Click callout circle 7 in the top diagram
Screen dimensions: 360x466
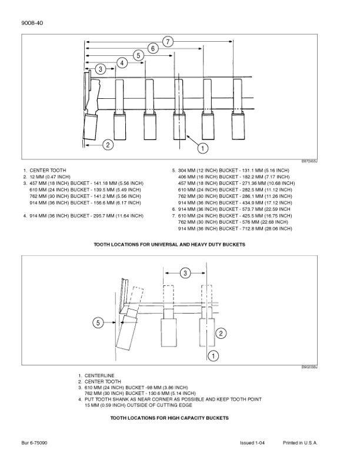click(168, 42)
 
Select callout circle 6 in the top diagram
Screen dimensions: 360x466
click(153, 48)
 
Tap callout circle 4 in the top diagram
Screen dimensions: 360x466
click(122, 63)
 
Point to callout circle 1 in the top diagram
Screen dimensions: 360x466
click(203, 148)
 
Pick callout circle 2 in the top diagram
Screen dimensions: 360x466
click(108, 145)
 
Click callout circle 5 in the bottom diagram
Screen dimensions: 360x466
click(98, 322)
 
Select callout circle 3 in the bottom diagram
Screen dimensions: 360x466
click(185, 273)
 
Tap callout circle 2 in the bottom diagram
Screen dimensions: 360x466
click(221, 333)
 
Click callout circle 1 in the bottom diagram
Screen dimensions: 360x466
click(214, 355)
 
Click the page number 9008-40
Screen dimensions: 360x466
click(32, 23)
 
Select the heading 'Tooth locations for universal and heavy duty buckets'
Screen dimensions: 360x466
click(169, 245)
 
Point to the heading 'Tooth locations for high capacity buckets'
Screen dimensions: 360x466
click(169, 418)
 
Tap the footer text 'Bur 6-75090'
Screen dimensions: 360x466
click(34, 443)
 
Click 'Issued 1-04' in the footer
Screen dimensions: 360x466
click(252, 443)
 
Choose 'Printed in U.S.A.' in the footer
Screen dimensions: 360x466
click(300, 443)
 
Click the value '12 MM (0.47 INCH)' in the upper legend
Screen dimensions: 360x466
click(50, 177)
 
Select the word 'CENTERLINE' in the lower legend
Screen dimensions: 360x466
click(99, 375)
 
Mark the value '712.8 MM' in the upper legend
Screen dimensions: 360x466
click(249, 228)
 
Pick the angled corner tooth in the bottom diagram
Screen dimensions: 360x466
click(127, 329)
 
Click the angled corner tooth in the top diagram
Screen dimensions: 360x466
click(91, 127)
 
